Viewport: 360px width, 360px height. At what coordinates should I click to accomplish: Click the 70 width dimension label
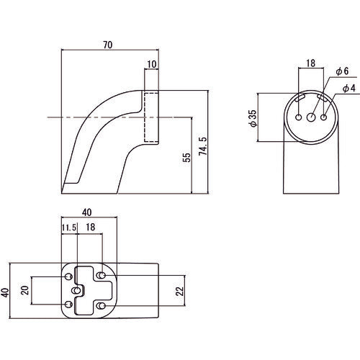(108, 45)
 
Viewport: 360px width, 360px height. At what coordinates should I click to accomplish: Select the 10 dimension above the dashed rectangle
(152, 64)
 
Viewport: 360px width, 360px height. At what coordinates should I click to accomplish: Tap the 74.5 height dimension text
(203, 146)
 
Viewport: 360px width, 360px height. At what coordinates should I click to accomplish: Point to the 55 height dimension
(186, 157)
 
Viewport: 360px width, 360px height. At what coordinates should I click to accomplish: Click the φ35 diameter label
(253, 118)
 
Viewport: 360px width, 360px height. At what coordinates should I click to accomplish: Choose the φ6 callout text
(342, 71)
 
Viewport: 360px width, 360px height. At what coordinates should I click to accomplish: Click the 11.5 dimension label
(69, 228)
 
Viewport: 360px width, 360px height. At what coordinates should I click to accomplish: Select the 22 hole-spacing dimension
(179, 291)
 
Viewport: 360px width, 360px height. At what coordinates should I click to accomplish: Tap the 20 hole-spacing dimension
(25, 290)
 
